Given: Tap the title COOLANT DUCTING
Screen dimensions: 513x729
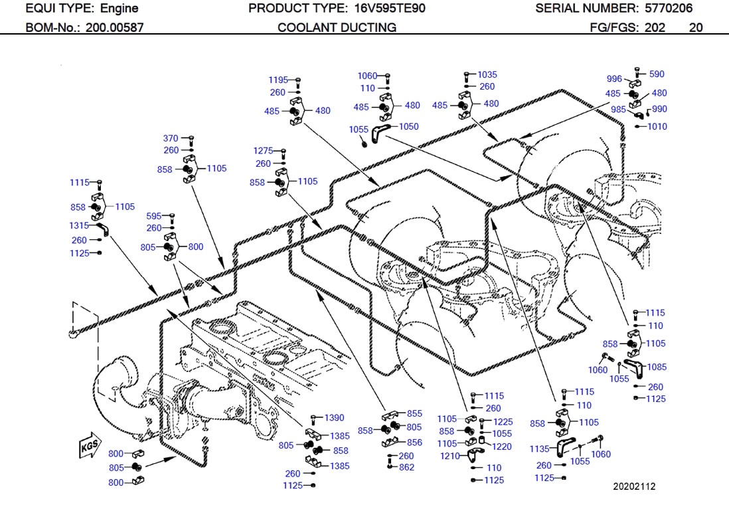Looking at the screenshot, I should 337,27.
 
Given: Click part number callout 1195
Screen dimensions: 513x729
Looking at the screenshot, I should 278,80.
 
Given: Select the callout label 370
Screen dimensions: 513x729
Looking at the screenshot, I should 171,138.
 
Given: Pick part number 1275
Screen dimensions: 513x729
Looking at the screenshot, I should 264,151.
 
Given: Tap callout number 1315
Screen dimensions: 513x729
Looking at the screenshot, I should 79,225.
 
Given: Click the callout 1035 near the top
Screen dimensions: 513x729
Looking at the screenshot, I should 487,74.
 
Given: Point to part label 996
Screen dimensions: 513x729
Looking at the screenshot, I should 614,79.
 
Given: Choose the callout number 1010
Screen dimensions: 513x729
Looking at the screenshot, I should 657,126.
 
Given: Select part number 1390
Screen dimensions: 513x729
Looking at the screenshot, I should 334,417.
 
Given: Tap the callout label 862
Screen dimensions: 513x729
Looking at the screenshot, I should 406,467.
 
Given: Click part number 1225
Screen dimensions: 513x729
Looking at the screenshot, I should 503,421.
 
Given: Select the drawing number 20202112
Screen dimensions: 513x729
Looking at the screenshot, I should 633,486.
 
